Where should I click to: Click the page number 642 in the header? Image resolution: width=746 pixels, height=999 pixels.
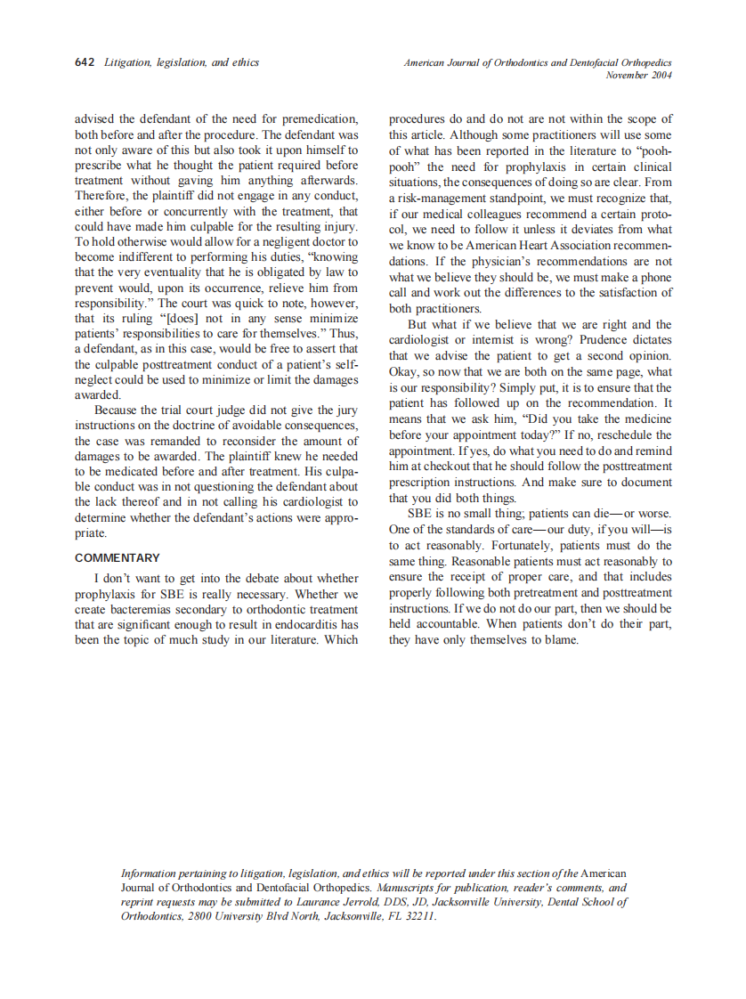[85, 63]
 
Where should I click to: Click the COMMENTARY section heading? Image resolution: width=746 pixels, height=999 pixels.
[118, 558]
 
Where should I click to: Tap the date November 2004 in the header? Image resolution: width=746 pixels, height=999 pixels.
[638, 76]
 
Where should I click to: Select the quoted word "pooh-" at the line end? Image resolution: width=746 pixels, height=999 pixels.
[654, 152]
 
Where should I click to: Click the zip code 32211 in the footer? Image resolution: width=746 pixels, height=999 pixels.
[418, 916]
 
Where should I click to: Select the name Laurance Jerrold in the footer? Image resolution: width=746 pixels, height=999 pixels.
[333, 902]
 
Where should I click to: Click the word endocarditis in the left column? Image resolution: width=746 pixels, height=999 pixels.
[310, 624]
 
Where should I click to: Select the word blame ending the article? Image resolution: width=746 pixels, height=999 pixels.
[561, 639]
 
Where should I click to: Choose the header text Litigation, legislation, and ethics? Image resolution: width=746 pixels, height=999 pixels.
[182, 63]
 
